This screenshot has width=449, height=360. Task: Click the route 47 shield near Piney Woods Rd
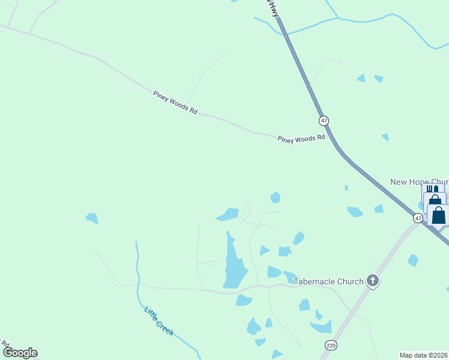(x=324, y=121)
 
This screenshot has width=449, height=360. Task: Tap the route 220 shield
(x=331, y=345)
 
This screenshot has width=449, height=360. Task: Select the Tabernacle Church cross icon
(x=373, y=281)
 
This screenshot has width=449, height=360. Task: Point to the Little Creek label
(x=159, y=320)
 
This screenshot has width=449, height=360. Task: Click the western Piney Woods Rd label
(x=175, y=103)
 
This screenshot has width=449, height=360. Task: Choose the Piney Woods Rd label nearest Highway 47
(x=301, y=139)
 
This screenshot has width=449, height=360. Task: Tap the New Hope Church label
(x=419, y=182)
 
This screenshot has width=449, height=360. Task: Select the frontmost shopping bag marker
(x=439, y=215)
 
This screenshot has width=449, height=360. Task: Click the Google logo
(x=20, y=353)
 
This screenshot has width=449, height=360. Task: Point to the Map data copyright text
(x=424, y=355)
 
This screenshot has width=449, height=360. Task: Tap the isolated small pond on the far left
(x=92, y=218)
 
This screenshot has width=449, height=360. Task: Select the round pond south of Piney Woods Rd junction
(x=275, y=197)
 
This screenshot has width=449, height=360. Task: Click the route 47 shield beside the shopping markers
(x=418, y=218)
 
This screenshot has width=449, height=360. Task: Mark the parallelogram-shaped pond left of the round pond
(x=228, y=214)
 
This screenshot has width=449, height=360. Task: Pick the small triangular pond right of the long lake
(x=264, y=250)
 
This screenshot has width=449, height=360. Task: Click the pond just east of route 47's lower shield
(x=413, y=260)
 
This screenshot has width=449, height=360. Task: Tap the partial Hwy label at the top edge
(x=274, y=8)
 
